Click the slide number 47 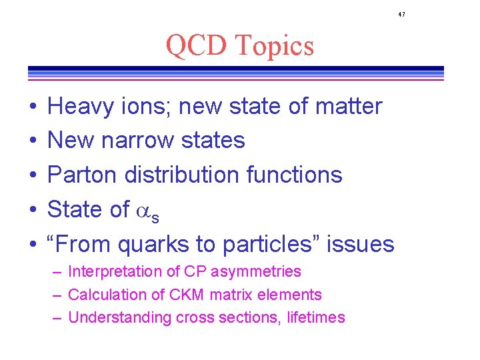pos(401,14)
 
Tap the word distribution pos(181,175)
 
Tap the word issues pos(364,244)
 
